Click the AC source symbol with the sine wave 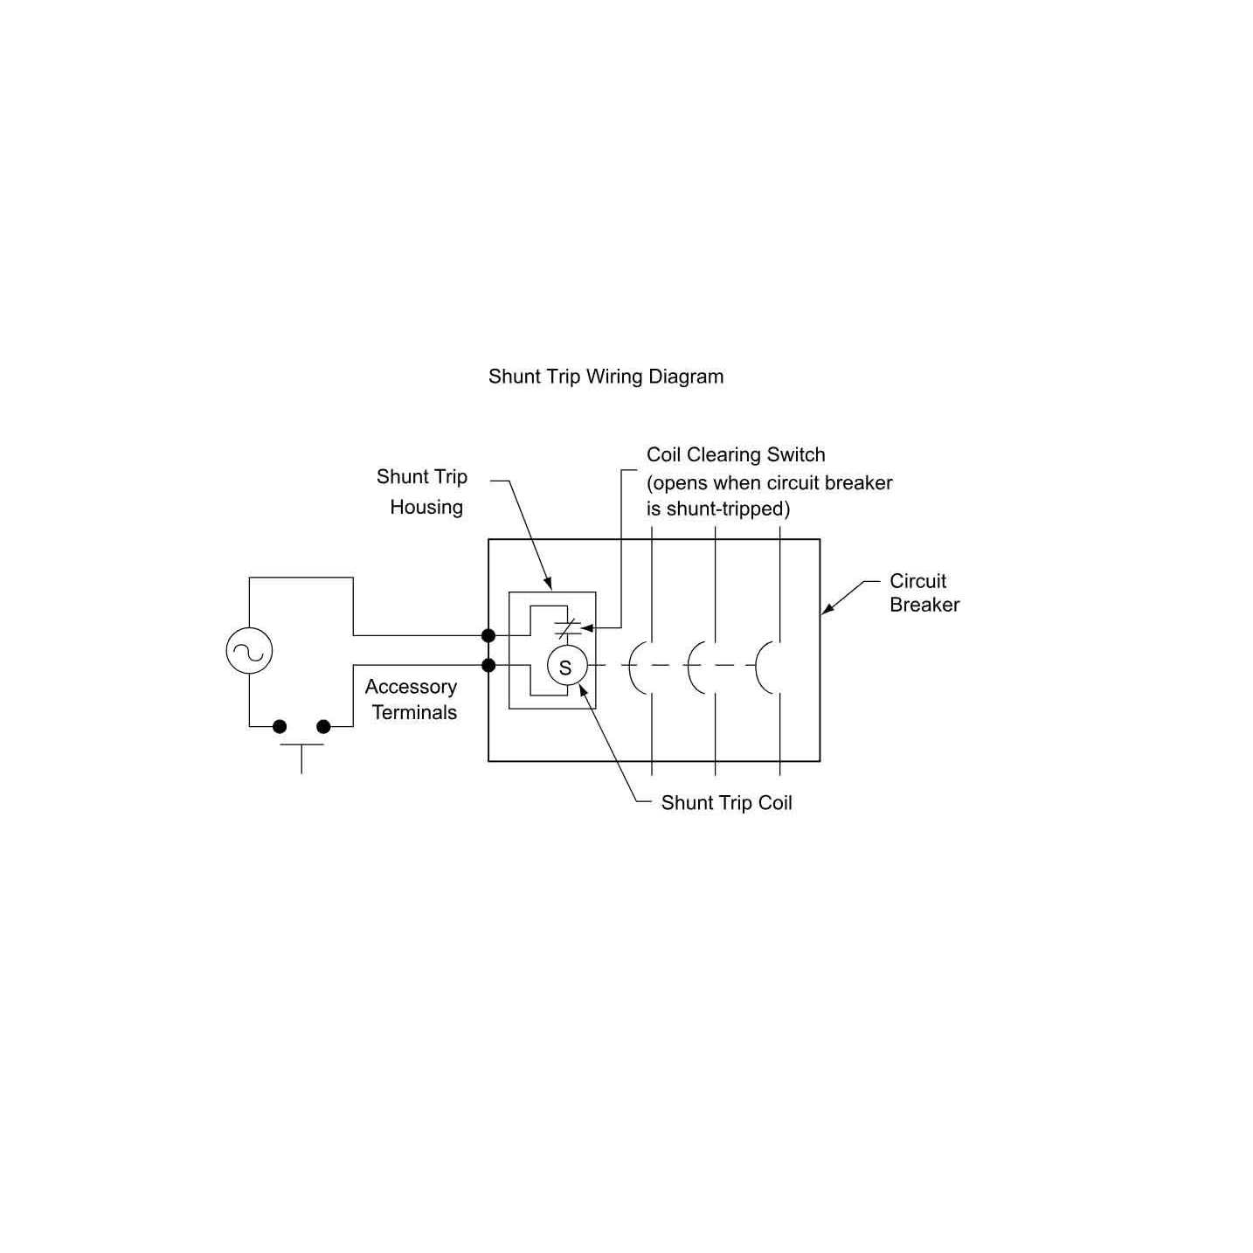249,651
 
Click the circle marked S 565,668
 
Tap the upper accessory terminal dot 488,635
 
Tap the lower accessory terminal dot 488,666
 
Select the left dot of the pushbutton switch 280,726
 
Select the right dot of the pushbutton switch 323,726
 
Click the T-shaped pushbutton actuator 301,757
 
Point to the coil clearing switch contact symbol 567,627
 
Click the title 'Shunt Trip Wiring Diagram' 606,377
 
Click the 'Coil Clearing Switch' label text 736,454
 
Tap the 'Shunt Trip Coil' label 726,803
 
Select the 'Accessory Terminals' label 412,699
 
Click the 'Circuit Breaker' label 924,592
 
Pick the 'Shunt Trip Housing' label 423,491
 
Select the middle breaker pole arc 694,668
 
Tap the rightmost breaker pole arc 762,668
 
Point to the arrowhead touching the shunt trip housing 549,585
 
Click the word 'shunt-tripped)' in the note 728,509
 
